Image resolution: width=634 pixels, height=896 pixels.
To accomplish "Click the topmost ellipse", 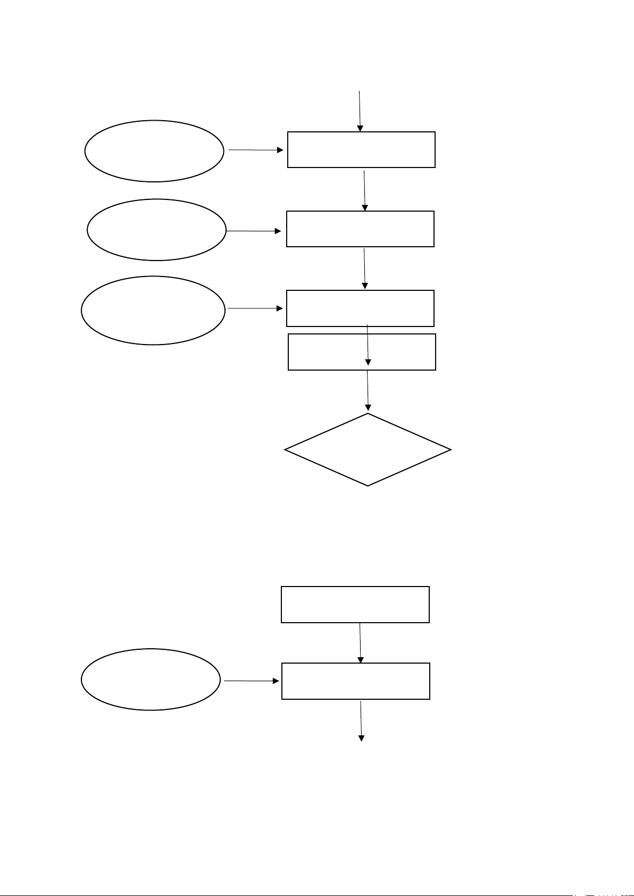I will [154, 151].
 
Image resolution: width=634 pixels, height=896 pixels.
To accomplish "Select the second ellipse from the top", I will [156, 230].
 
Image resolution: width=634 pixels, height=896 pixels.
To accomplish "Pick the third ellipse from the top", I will [153, 310].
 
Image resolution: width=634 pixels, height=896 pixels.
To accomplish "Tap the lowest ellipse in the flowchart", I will [151, 680].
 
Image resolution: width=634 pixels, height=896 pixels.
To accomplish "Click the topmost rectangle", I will [361, 150].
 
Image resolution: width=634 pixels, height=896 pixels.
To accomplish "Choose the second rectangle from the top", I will [360, 229].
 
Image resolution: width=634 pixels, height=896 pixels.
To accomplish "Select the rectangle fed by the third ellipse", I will [360, 308].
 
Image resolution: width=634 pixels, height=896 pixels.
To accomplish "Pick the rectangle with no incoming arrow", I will [355, 605].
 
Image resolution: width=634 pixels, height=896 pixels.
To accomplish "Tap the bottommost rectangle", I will [355, 681].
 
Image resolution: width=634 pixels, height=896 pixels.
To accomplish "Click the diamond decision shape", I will [368, 450].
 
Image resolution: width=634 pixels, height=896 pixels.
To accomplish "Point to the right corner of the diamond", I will [449, 450].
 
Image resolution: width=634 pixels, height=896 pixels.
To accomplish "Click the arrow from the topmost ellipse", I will [256, 150].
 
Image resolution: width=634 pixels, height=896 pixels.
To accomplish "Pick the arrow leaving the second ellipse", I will [254, 231].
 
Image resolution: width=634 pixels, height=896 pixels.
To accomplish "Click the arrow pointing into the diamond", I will [368, 391].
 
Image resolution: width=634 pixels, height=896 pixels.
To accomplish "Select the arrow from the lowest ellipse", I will [251, 681].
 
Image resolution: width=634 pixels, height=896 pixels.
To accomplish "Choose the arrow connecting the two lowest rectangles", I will [360, 642].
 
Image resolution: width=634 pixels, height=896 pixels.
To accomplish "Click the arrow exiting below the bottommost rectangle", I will [361, 721].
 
